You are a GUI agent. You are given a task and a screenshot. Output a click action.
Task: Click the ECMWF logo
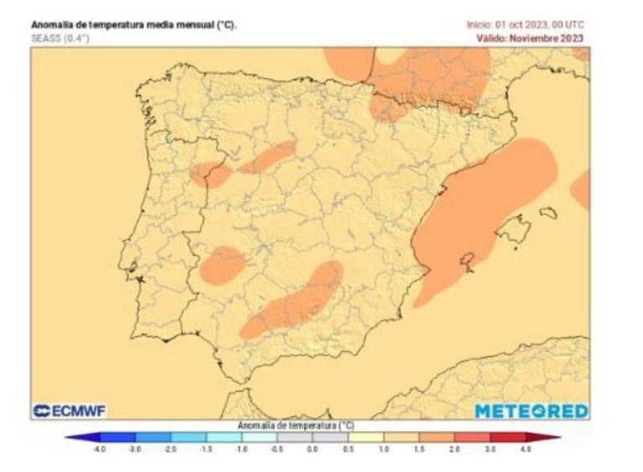69,411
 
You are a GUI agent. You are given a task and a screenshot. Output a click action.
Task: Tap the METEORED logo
532,411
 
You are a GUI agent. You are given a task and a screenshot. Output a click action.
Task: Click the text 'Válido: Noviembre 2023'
530,38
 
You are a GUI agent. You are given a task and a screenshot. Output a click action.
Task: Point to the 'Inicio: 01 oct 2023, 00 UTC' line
525,25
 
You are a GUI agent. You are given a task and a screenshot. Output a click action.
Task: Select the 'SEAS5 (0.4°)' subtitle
59,38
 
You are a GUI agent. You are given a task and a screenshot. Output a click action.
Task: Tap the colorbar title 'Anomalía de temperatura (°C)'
295,425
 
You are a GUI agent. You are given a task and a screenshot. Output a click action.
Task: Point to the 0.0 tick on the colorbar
312,449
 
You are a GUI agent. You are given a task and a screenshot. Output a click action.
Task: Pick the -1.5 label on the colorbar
205,449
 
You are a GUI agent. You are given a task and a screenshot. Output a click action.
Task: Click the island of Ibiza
467,260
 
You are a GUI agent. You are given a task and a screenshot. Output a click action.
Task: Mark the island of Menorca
548,213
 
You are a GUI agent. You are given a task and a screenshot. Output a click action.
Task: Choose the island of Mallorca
513,230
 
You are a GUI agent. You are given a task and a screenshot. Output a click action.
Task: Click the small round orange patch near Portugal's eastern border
222,265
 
